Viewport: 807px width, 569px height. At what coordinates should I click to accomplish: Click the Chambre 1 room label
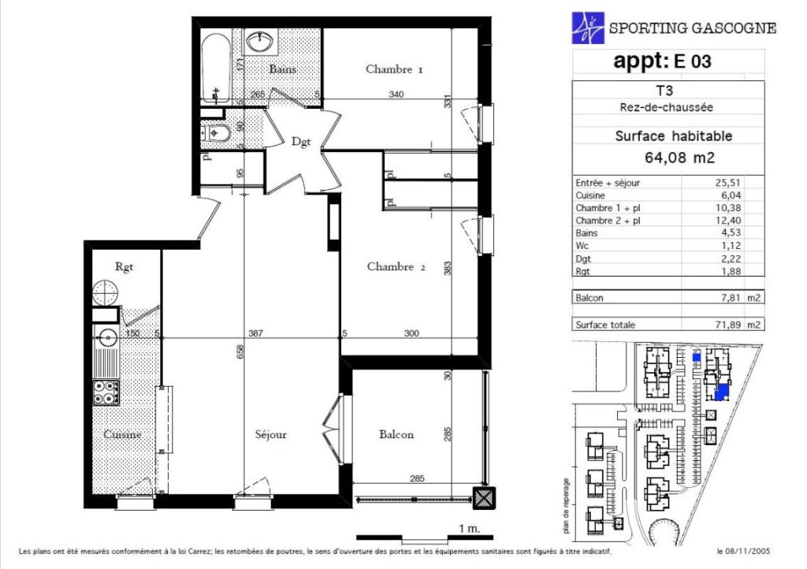click(x=394, y=69)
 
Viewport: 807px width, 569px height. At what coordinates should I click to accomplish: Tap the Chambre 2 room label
click(x=396, y=266)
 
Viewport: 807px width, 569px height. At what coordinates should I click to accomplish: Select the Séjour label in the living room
click(x=271, y=435)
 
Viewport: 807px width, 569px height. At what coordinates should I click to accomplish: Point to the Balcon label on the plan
click(x=396, y=434)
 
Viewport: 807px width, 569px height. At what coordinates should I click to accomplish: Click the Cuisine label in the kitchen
click(x=122, y=434)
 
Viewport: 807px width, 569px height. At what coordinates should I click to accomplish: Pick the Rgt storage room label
click(x=124, y=266)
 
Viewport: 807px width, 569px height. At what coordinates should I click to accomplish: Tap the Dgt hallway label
click(x=301, y=142)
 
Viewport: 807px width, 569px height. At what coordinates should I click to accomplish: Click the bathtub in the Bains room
click(x=214, y=69)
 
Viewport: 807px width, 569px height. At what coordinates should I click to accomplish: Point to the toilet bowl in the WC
click(x=218, y=134)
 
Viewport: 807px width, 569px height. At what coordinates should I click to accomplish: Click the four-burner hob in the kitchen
click(x=106, y=392)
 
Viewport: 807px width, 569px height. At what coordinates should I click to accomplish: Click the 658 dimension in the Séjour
click(x=240, y=351)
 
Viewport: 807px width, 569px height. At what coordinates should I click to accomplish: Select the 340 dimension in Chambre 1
click(x=396, y=94)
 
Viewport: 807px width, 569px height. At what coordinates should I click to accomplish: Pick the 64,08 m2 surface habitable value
click(x=679, y=158)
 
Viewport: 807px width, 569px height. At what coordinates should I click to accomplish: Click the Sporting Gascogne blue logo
click(x=588, y=28)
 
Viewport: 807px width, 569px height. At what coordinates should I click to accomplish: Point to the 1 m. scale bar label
click(x=469, y=528)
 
